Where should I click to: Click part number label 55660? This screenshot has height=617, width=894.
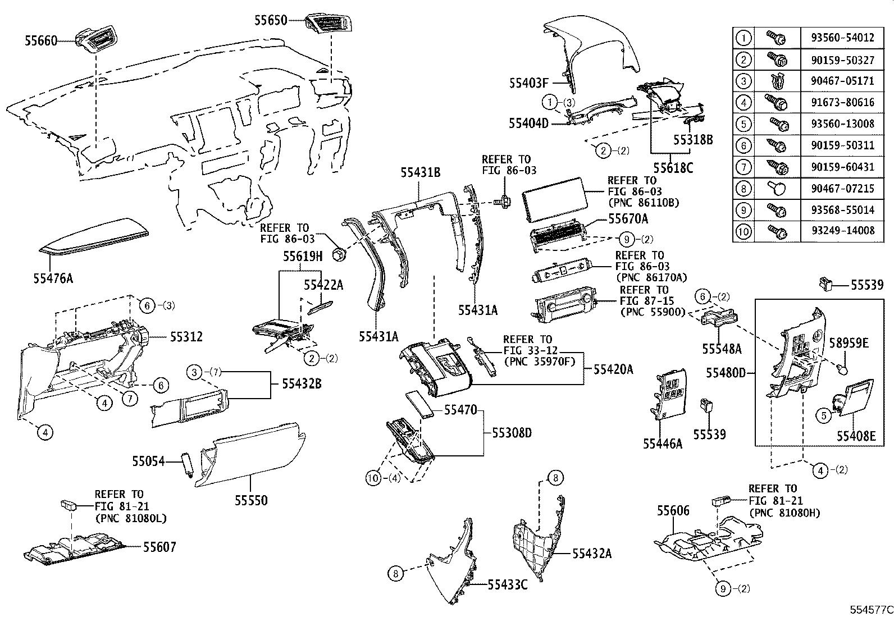(41, 40)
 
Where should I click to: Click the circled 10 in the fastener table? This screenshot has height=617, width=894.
(744, 230)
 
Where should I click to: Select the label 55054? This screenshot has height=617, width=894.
(149, 461)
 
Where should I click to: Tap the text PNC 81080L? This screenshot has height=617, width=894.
(131, 518)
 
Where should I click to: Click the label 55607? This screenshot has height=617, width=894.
(159, 547)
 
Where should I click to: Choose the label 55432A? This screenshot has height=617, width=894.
(592, 554)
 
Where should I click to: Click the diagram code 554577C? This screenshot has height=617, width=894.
(870, 610)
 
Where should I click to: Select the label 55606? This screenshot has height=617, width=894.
(673, 511)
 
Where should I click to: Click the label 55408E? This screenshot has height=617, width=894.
(856, 436)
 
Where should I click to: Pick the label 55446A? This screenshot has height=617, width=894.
(663, 444)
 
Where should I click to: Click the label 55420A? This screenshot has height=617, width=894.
(613, 369)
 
